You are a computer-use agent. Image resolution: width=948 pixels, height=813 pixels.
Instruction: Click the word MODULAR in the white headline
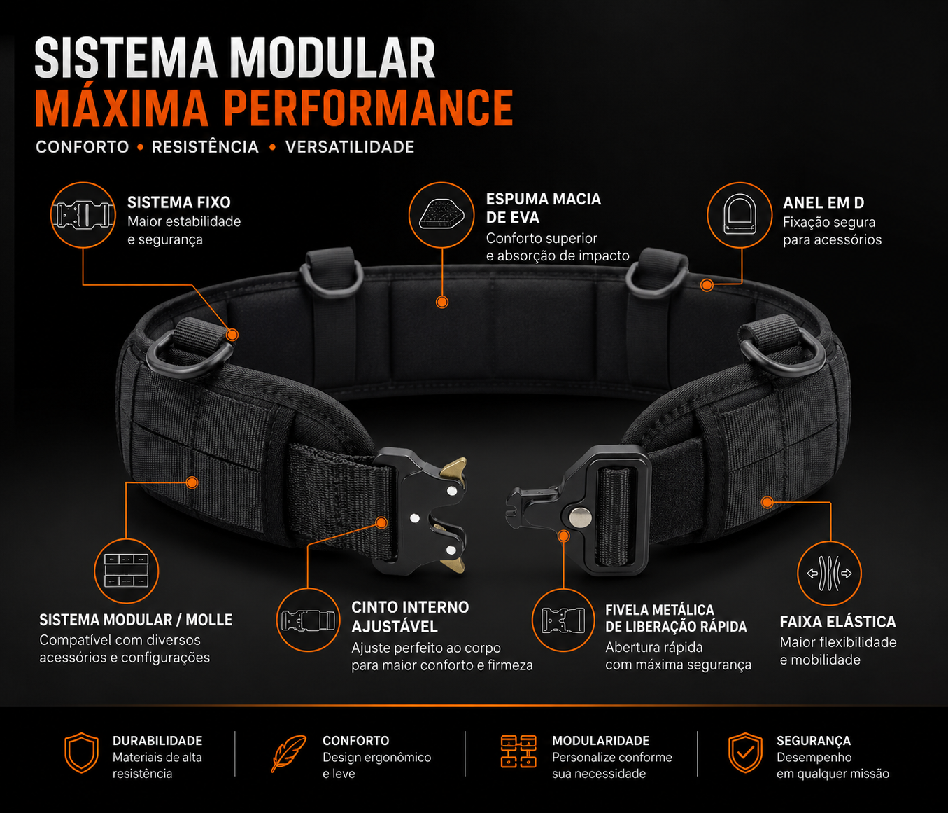335,58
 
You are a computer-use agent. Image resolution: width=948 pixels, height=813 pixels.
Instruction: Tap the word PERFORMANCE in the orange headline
368,108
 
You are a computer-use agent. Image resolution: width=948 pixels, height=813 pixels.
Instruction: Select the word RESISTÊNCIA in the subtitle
205,147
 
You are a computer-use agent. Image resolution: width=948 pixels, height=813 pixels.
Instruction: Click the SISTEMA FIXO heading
179,202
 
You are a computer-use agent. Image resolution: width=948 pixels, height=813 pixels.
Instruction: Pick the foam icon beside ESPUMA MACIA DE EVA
441,214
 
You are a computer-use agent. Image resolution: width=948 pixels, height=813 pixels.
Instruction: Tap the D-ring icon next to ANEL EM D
740,215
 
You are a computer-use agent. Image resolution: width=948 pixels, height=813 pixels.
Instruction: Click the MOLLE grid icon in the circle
126,571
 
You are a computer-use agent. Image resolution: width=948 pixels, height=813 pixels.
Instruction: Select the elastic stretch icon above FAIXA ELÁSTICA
829,573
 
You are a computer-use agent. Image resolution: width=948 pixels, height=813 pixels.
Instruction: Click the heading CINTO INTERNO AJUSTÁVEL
410,616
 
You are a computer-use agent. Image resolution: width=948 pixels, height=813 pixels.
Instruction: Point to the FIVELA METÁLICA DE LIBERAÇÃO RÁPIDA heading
676,618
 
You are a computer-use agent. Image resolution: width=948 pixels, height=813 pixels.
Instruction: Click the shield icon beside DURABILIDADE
81,752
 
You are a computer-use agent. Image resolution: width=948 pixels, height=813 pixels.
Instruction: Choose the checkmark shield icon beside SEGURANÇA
745,752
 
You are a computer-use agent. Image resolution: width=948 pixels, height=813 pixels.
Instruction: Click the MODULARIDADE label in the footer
600,740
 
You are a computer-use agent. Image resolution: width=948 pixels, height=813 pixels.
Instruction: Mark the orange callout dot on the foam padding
441,302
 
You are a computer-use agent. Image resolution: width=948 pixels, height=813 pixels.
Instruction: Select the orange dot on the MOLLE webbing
192,482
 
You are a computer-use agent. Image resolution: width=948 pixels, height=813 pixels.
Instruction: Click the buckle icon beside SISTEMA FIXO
83,215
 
